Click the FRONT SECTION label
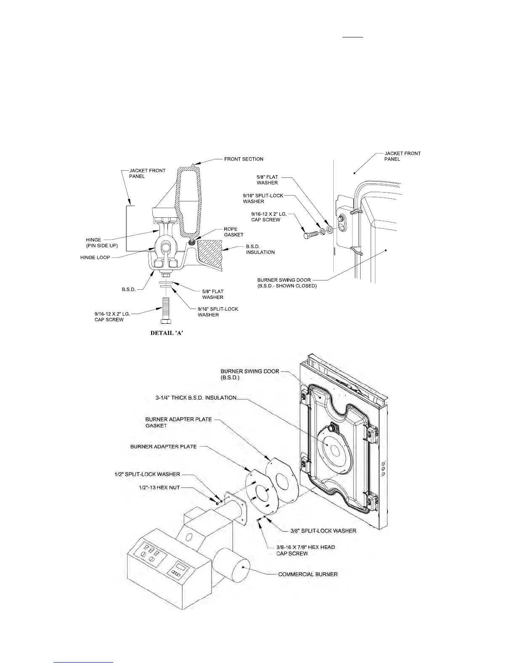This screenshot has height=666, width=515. (244, 159)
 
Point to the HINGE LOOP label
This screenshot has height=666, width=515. (95, 257)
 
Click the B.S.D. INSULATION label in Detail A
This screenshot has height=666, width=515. (260, 249)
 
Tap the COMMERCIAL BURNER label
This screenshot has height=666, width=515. (308, 574)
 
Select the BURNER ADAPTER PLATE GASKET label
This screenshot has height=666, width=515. (178, 422)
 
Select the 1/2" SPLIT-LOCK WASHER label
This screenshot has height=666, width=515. (147, 474)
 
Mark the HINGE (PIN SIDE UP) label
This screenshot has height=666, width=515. (93, 243)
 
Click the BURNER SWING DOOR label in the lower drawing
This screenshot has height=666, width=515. (250, 374)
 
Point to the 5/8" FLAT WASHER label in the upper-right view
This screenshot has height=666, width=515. (267, 180)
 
